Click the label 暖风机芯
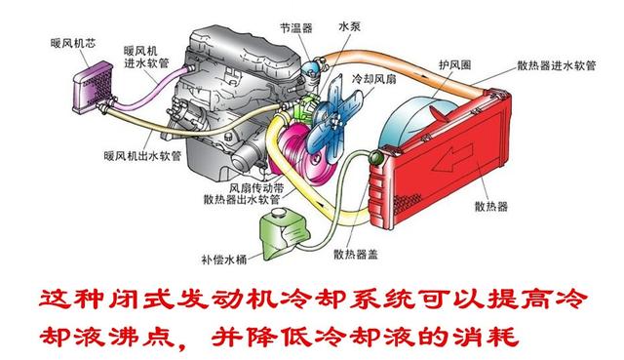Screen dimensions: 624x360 pos(75,43)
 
